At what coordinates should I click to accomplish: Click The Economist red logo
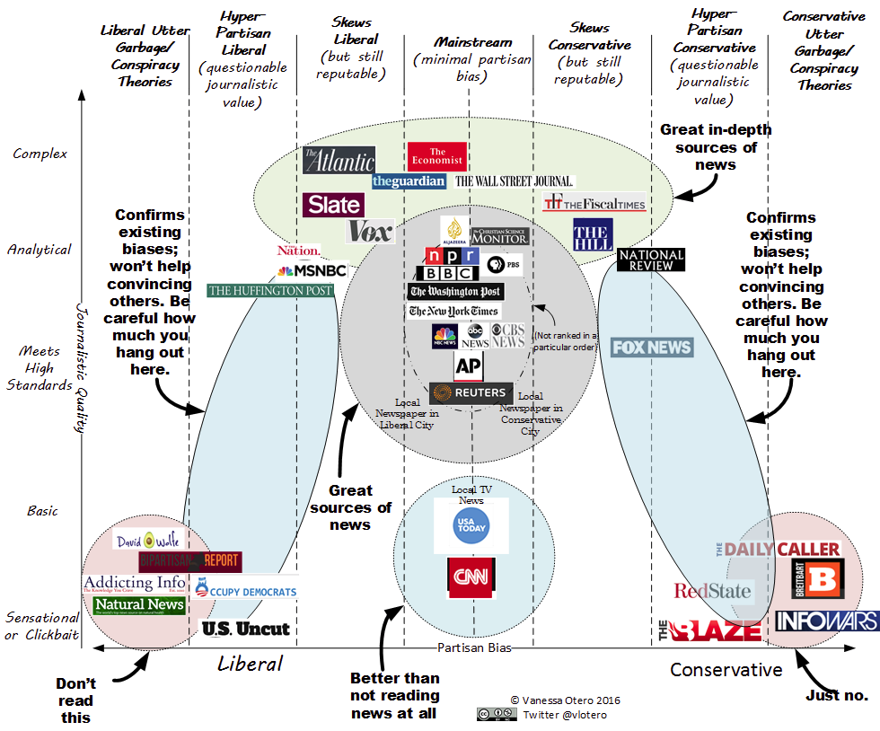tap(437, 156)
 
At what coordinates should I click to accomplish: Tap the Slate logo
tap(334, 206)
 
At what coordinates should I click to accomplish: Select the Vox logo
tap(370, 232)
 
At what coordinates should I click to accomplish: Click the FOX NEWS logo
tap(652, 348)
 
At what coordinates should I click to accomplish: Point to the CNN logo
tap(472, 577)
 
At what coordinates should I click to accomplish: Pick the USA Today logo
tap(471, 525)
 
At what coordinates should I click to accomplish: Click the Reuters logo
tap(471, 393)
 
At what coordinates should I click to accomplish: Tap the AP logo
tap(469, 365)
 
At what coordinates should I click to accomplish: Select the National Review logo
tap(652, 260)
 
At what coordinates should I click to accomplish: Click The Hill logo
tap(594, 234)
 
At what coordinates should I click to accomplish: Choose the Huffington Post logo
tap(270, 290)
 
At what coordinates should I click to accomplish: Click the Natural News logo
tap(139, 605)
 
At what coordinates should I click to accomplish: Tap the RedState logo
tap(713, 591)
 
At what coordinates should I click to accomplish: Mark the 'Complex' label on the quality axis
tap(40, 154)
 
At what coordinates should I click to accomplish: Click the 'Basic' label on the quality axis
tap(42, 511)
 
